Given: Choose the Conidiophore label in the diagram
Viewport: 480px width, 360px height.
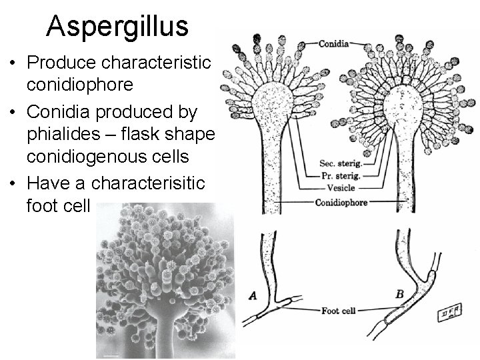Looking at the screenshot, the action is coord(342,201).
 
